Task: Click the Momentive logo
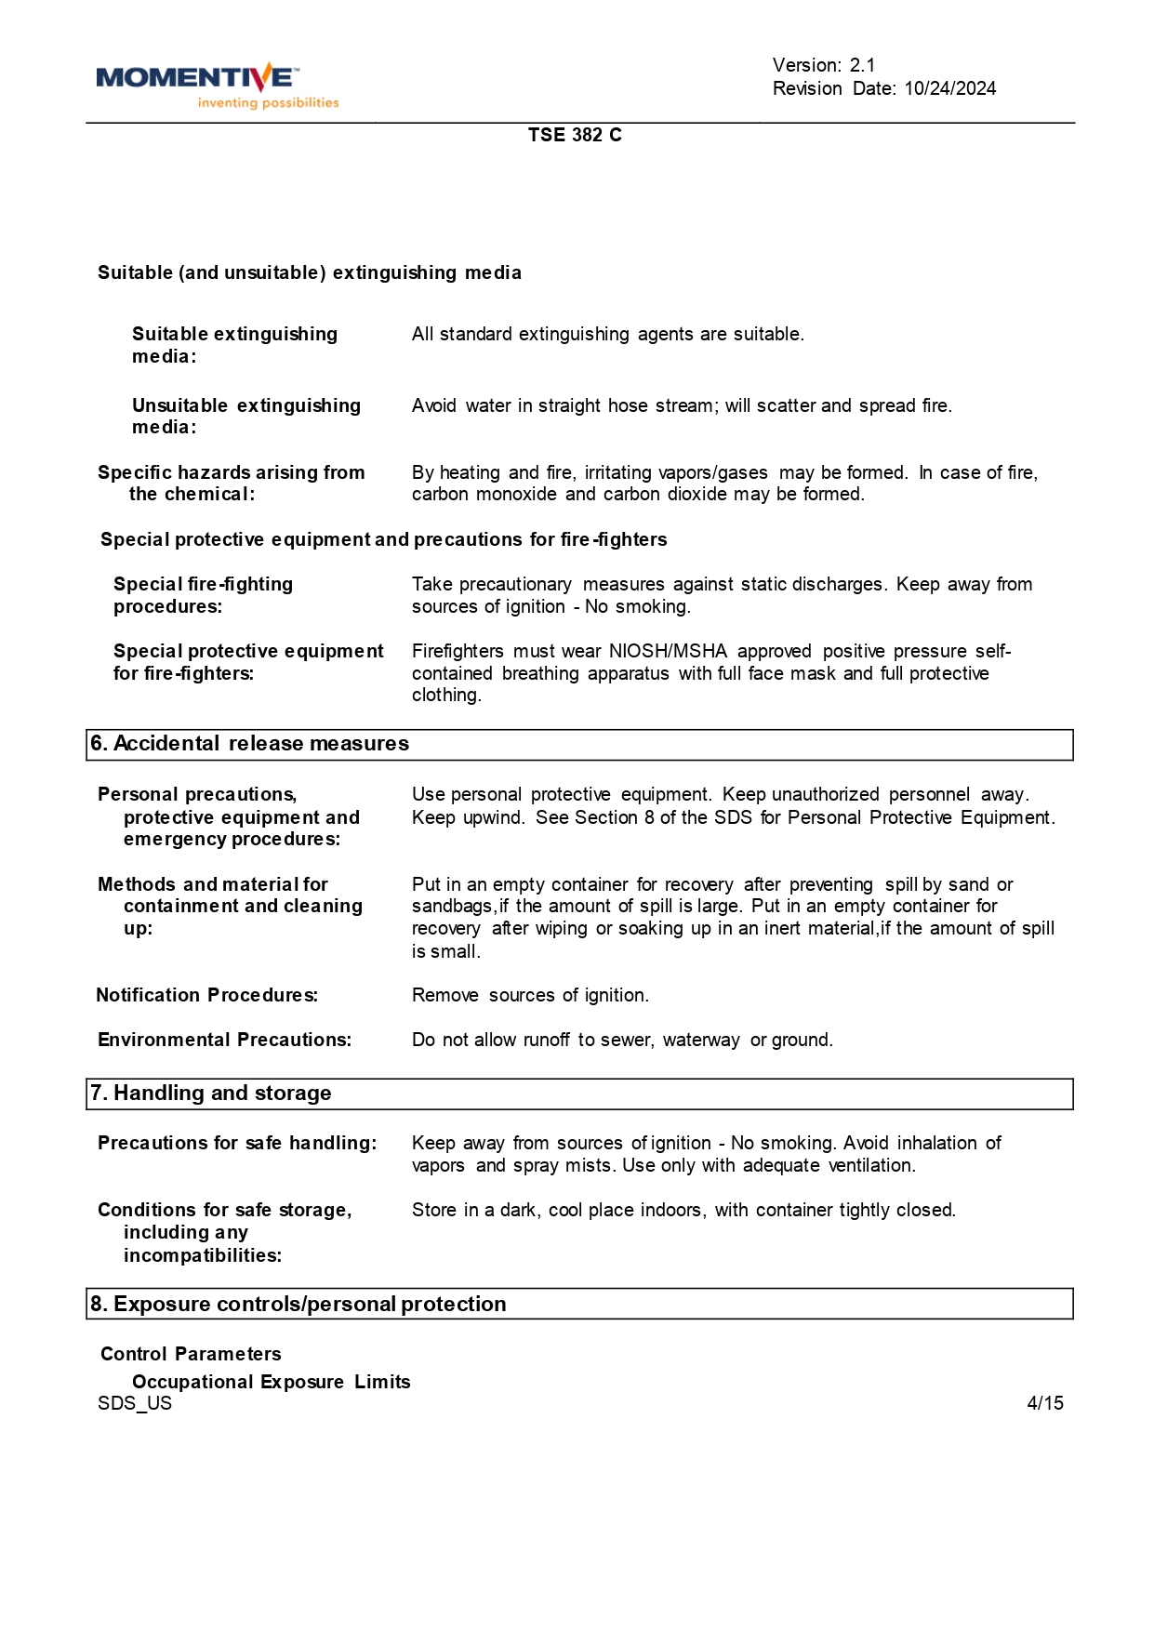pos(198,79)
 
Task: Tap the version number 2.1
pos(862,65)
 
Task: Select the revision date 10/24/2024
pos(949,88)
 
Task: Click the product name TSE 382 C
pos(575,135)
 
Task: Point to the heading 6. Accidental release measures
pos(250,744)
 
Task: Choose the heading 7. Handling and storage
pos(211,1094)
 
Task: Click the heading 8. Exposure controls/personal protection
pos(298,1304)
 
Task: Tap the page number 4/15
pos(1045,1403)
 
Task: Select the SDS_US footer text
pos(135,1403)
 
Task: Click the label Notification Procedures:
pos(207,995)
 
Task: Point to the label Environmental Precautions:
pos(224,1040)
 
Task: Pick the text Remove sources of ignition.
pos(530,995)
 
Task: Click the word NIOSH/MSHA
pos(668,651)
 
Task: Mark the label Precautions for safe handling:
pos(237,1143)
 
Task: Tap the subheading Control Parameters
pos(191,1354)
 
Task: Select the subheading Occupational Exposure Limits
pos(271,1382)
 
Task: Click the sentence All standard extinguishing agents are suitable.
pos(608,334)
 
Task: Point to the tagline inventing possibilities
pos(268,103)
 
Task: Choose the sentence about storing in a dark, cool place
pos(683,1210)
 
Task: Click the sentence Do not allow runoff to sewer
pos(622,1040)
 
